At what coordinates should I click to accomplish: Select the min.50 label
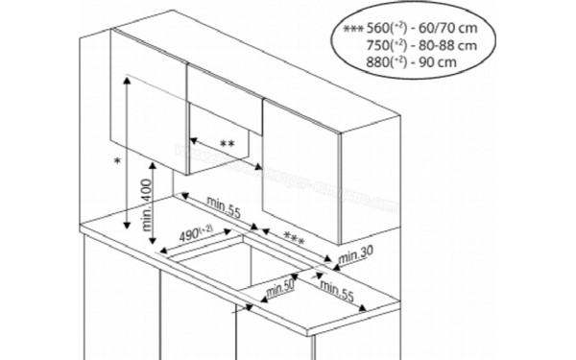(x=279, y=285)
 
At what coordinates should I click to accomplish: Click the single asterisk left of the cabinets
(x=116, y=161)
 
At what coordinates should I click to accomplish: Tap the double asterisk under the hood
(x=227, y=145)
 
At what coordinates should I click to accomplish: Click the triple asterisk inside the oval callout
(x=353, y=29)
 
